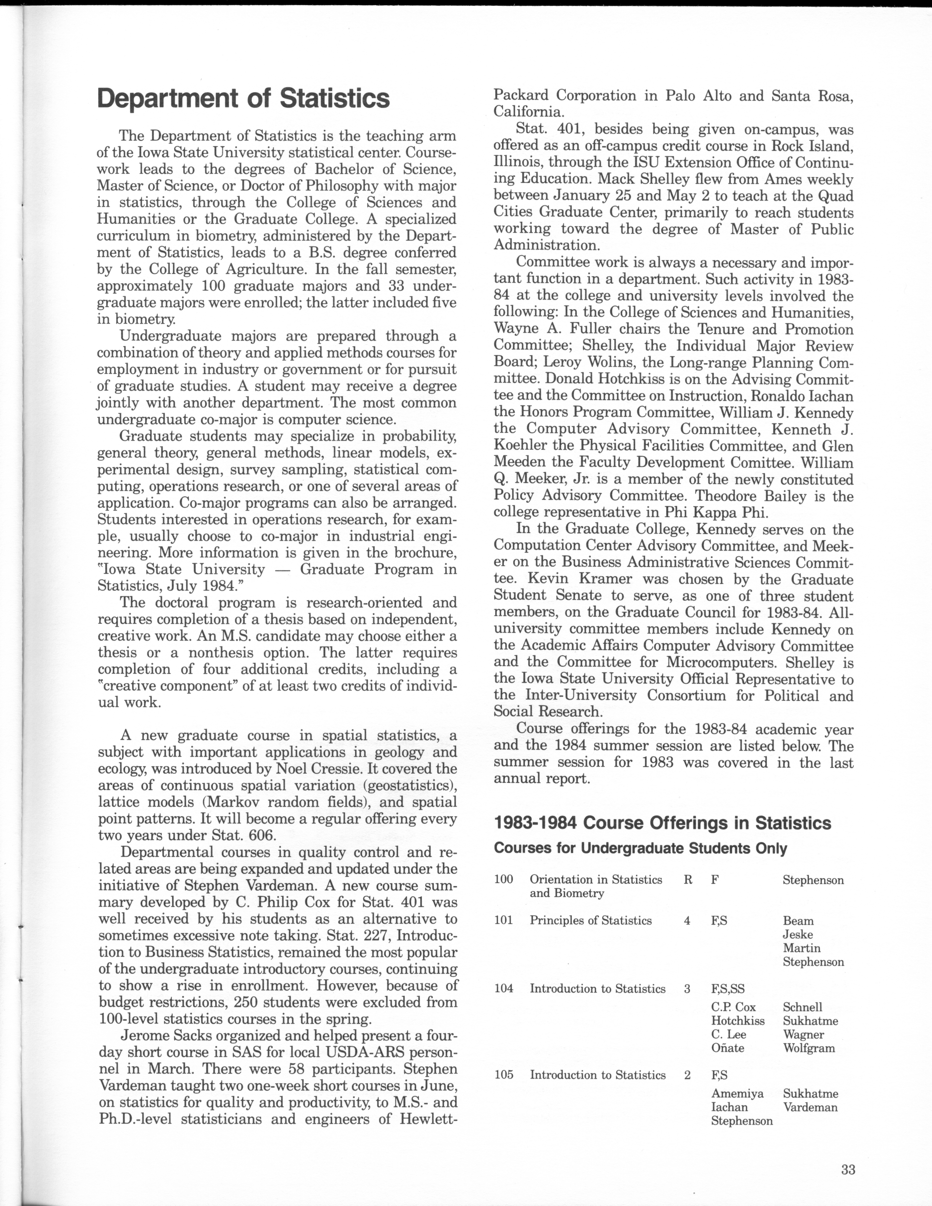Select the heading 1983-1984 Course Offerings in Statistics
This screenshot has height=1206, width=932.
click(x=662, y=823)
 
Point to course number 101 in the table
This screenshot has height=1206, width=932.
click(x=503, y=921)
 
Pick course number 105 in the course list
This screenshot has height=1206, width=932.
click(x=503, y=1075)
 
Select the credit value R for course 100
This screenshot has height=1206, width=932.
click(x=688, y=880)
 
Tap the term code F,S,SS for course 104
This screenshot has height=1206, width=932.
click(x=728, y=988)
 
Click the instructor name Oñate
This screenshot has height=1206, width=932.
click(x=728, y=1048)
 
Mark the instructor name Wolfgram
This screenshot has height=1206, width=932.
click(x=809, y=1048)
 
